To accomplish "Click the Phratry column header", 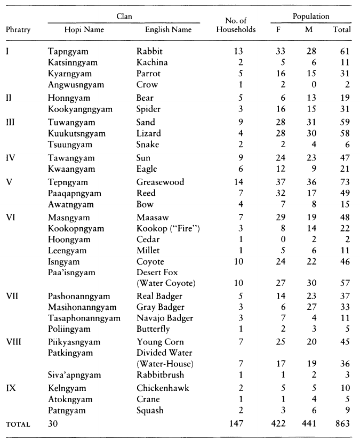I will pyautogui.click(x=18, y=29).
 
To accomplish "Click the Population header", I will pyautogui.click(x=310, y=17).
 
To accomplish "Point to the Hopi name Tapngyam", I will pyautogui.click(x=68, y=51).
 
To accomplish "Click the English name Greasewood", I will pyautogui.click(x=161, y=182).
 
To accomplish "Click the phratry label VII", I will pyautogui.click(x=13, y=295).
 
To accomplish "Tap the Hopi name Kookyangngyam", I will pyautogui.click(x=80, y=109).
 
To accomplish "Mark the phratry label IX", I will pyautogui.click(x=11, y=388).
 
